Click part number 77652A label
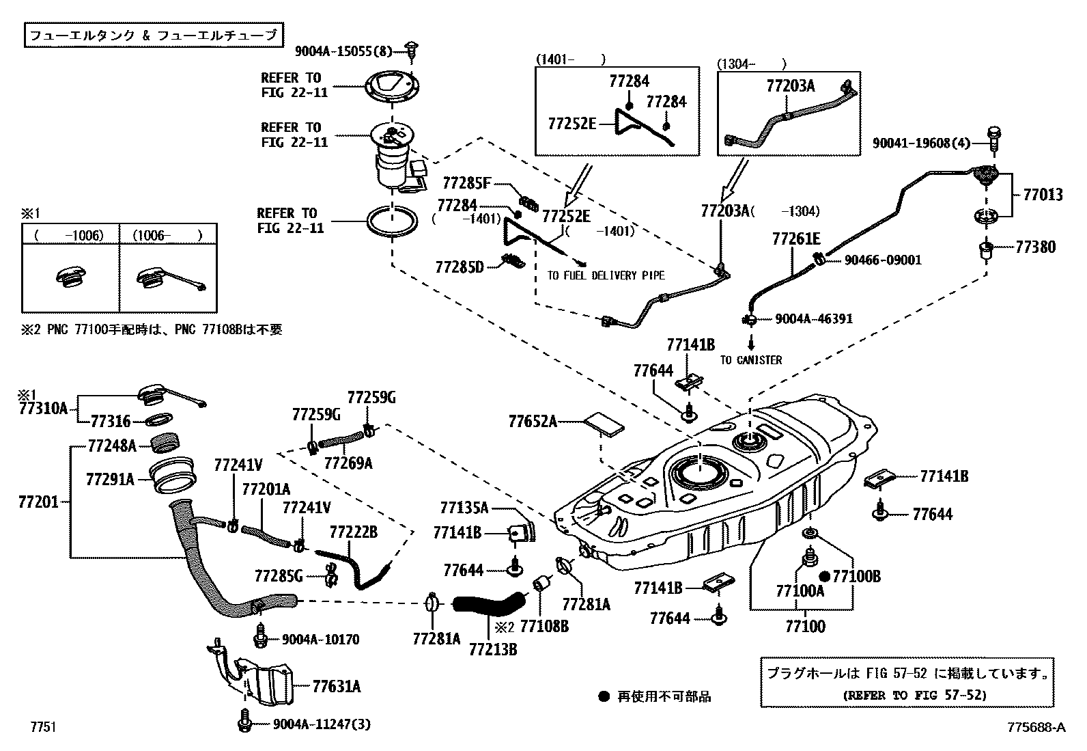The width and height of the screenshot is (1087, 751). coord(532,422)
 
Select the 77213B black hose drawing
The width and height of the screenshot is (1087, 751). coord(488,603)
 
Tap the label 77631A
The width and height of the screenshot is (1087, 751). coord(337,686)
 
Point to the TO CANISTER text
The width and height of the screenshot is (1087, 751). coord(751,360)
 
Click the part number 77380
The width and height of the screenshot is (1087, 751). coord(1035,247)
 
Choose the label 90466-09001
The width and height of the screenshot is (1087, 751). coord(883,260)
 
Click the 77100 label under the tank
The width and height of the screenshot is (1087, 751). coord(805,626)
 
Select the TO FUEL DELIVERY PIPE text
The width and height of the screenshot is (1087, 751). coord(606,275)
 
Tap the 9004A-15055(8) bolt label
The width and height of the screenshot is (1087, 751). coord(343,51)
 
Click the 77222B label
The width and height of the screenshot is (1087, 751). coord(353,532)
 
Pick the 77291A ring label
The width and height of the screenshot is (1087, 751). coord(110,479)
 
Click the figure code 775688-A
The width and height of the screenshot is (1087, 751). coord(1036,727)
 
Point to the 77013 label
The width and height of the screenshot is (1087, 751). coord(1043,195)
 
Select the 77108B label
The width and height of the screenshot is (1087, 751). coord(543,625)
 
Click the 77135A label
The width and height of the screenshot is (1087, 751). coord(464,507)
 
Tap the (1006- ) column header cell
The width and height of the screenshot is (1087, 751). coord(168,236)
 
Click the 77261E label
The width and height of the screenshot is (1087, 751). coord(795,239)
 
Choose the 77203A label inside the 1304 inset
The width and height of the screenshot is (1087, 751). coord(790,86)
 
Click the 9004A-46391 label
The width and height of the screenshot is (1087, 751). coord(813,319)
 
